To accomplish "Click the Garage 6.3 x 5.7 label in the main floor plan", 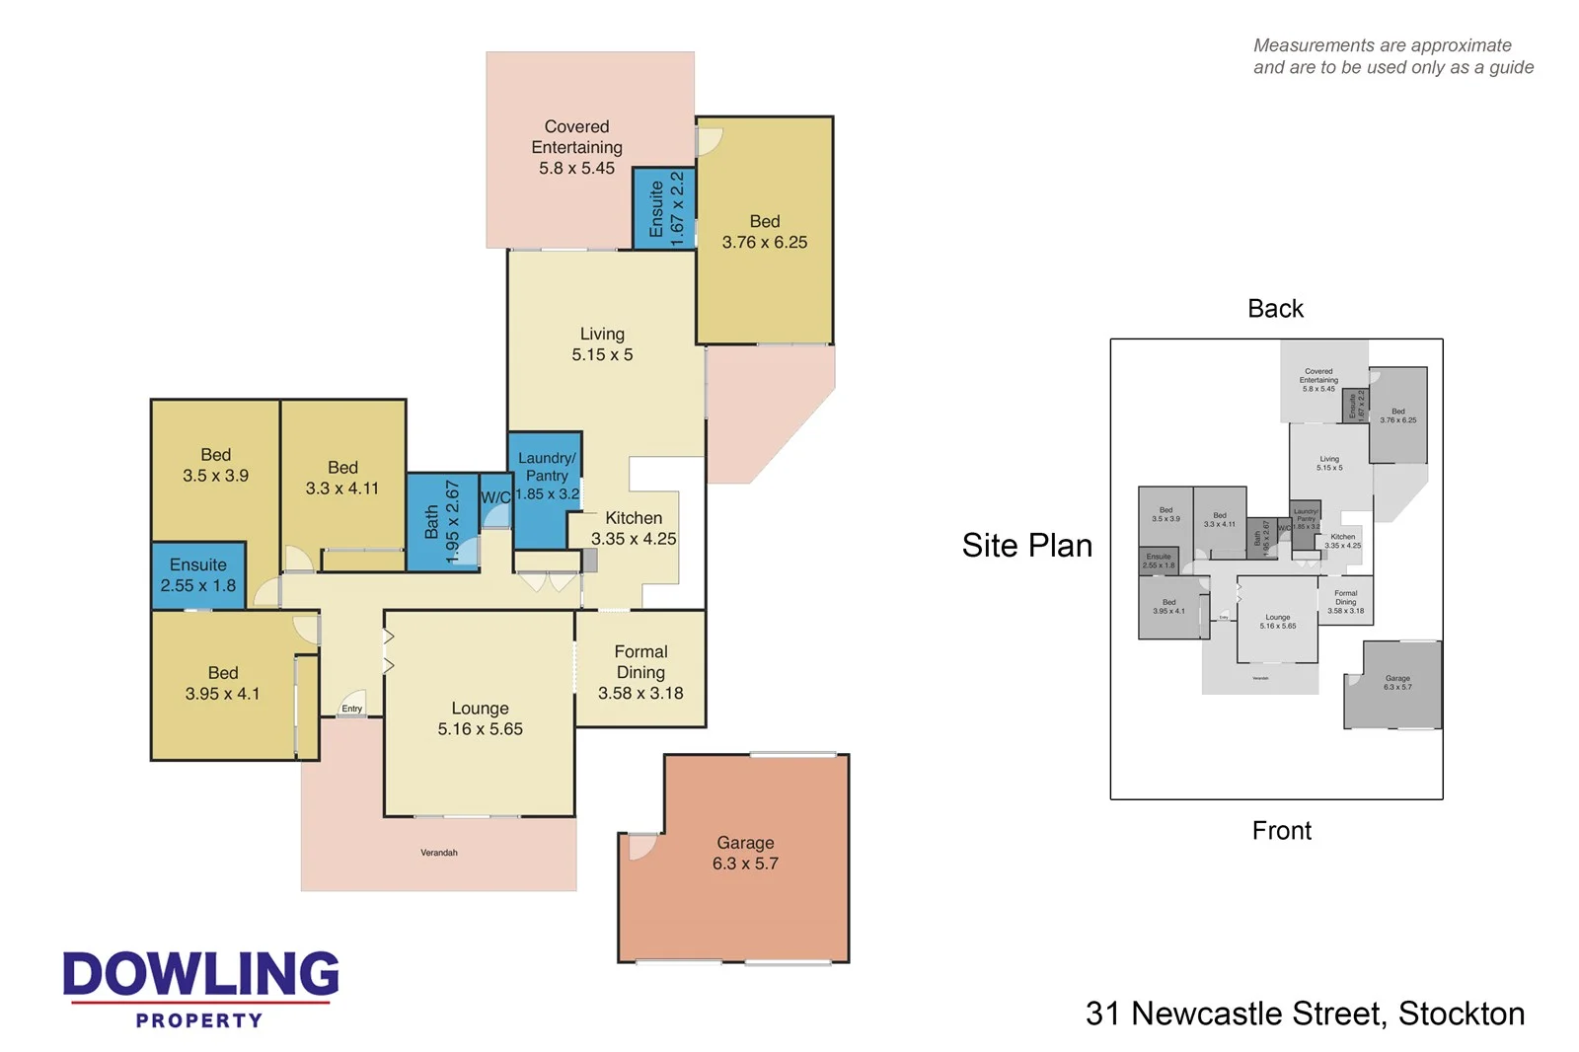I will pyautogui.click(x=745, y=854).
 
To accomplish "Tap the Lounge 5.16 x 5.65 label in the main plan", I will pyautogui.click(x=480, y=718).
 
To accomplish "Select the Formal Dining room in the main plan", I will pyautogui.click(x=640, y=672).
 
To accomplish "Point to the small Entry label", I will pyautogui.click(x=352, y=709).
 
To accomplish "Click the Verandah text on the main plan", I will pyautogui.click(x=439, y=853).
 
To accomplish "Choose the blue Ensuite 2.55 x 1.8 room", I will pyautogui.click(x=198, y=575).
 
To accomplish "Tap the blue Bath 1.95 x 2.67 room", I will pyautogui.click(x=441, y=522).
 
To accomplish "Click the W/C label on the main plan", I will pyautogui.click(x=495, y=497).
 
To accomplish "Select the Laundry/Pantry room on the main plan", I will pyautogui.click(x=547, y=476).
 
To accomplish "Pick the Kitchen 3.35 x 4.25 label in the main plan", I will pyautogui.click(x=634, y=528).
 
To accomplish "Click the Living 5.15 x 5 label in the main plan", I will pyautogui.click(x=602, y=344).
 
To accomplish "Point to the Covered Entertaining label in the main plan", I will pyautogui.click(x=577, y=147).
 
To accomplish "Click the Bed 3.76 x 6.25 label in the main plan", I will pyautogui.click(x=765, y=232).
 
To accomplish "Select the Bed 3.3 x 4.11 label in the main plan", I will pyautogui.click(x=342, y=478).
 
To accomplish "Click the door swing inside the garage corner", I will pyautogui.click(x=640, y=846).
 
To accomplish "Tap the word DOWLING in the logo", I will pyautogui.click(x=200, y=974).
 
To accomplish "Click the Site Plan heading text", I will pyautogui.click(x=1026, y=546).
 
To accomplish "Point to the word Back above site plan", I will pyautogui.click(x=1275, y=309).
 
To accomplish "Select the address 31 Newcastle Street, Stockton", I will pyautogui.click(x=1305, y=1014).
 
